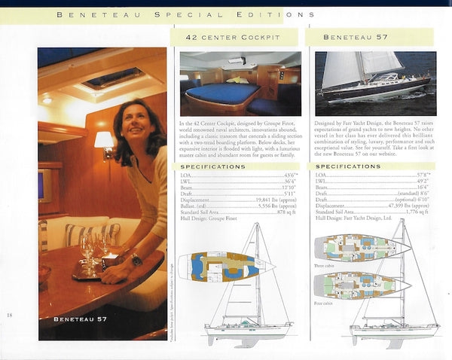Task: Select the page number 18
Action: [x=10, y=314]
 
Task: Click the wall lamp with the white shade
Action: [x=104, y=141]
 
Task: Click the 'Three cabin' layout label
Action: [x=325, y=266]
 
